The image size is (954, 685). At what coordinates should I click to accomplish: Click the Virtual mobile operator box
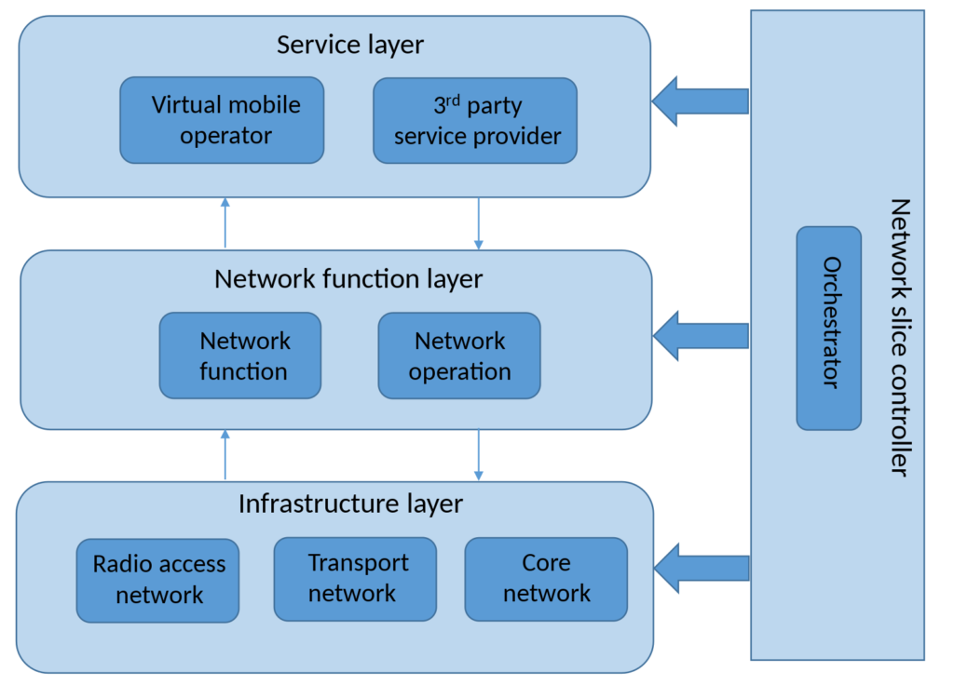tap(222, 120)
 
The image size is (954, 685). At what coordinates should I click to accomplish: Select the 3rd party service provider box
tap(475, 120)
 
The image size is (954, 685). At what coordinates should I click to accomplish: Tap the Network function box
tap(240, 356)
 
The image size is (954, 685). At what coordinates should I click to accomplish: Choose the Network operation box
tap(459, 356)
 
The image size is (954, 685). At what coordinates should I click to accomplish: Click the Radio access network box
tap(157, 579)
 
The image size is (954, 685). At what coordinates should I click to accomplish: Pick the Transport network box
tap(355, 578)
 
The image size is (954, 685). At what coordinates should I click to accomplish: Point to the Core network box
tap(546, 578)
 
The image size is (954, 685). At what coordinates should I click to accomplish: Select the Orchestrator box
tap(829, 328)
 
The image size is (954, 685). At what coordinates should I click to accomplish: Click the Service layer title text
tap(350, 45)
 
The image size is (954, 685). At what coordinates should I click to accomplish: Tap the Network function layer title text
tap(348, 278)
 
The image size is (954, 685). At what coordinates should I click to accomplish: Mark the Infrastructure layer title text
tap(350, 504)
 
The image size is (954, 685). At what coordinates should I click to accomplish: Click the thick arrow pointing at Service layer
tap(700, 101)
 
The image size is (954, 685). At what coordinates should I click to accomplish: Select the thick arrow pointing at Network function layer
tap(701, 336)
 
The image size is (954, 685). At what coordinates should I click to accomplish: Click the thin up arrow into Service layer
tap(225, 222)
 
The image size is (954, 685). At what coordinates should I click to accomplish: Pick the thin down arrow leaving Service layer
tap(478, 223)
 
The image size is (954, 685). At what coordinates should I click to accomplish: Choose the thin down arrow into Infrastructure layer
tap(479, 455)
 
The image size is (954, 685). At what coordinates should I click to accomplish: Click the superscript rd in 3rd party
tap(453, 98)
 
